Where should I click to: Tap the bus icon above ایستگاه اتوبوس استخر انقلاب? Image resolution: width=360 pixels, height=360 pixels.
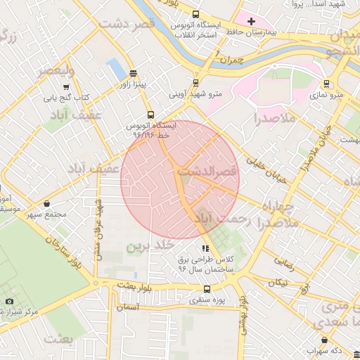(195, 14)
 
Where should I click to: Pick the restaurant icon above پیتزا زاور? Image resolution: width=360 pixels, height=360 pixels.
(133, 74)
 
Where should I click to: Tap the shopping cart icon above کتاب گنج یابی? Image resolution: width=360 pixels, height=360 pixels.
(66, 87)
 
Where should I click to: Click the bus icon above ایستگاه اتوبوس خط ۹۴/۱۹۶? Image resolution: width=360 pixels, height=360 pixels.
(150, 115)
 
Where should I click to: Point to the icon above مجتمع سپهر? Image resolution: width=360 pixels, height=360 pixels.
(46, 204)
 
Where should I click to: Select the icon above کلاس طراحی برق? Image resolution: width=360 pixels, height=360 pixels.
(205, 248)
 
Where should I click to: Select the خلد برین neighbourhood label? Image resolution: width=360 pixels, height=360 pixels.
(150, 247)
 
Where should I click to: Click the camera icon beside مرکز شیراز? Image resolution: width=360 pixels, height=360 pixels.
(9, 300)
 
